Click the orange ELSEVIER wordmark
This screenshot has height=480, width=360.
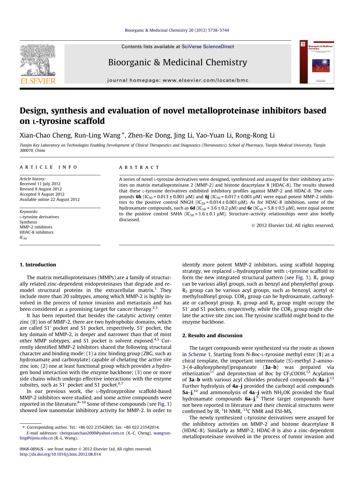point(38,81)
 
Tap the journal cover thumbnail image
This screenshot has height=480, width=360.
point(317,62)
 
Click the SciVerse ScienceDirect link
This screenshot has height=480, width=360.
point(208,47)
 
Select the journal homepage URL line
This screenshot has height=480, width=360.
point(178,80)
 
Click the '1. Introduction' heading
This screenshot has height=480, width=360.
point(38,265)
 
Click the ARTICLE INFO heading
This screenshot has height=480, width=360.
point(48,167)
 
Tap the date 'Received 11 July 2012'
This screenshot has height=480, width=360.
point(40,184)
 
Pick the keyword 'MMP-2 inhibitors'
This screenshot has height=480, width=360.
point(36,227)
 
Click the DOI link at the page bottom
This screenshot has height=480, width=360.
point(60,454)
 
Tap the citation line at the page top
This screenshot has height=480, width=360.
point(177,30)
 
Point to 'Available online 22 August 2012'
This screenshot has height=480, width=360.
point(49,199)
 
